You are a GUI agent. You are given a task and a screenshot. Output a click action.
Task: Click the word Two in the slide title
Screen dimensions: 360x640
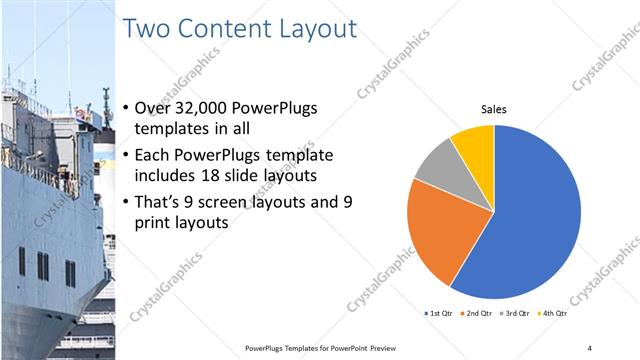(147, 29)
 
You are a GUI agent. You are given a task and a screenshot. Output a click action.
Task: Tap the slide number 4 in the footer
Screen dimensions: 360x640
(590, 347)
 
